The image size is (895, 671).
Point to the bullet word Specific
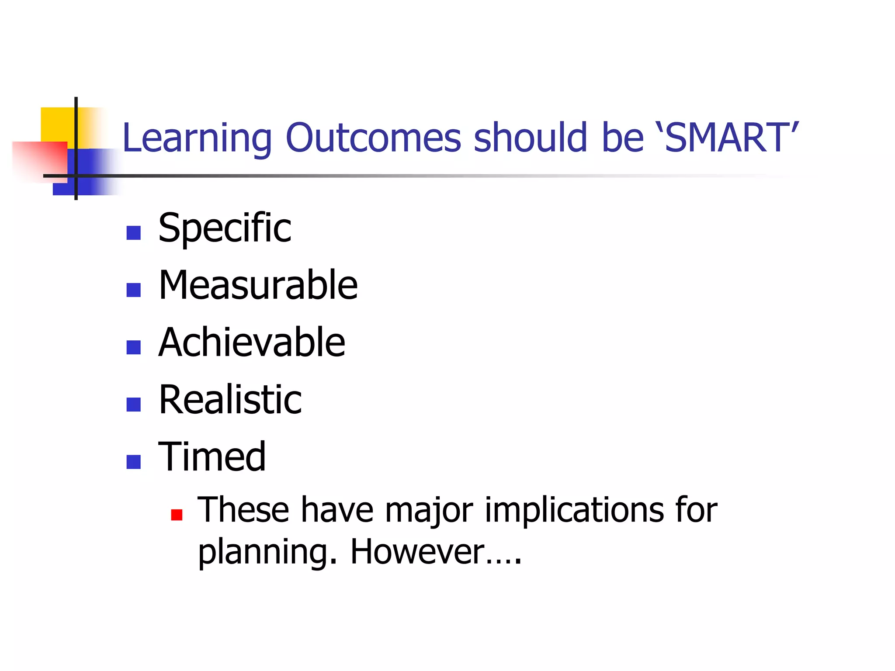(x=225, y=228)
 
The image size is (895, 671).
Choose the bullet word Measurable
(x=258, y=285)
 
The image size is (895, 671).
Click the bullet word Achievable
(x=252, y=342)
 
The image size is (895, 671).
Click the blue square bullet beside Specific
(x=133, y=233)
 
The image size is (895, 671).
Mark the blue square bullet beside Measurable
(x=133, y=290)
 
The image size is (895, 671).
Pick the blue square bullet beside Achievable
(x=133, y=347)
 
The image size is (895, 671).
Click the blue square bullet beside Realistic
(x=133, y=405)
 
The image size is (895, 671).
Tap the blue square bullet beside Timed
(x=133, y=462)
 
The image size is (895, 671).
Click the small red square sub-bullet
(x=177, y=515)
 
